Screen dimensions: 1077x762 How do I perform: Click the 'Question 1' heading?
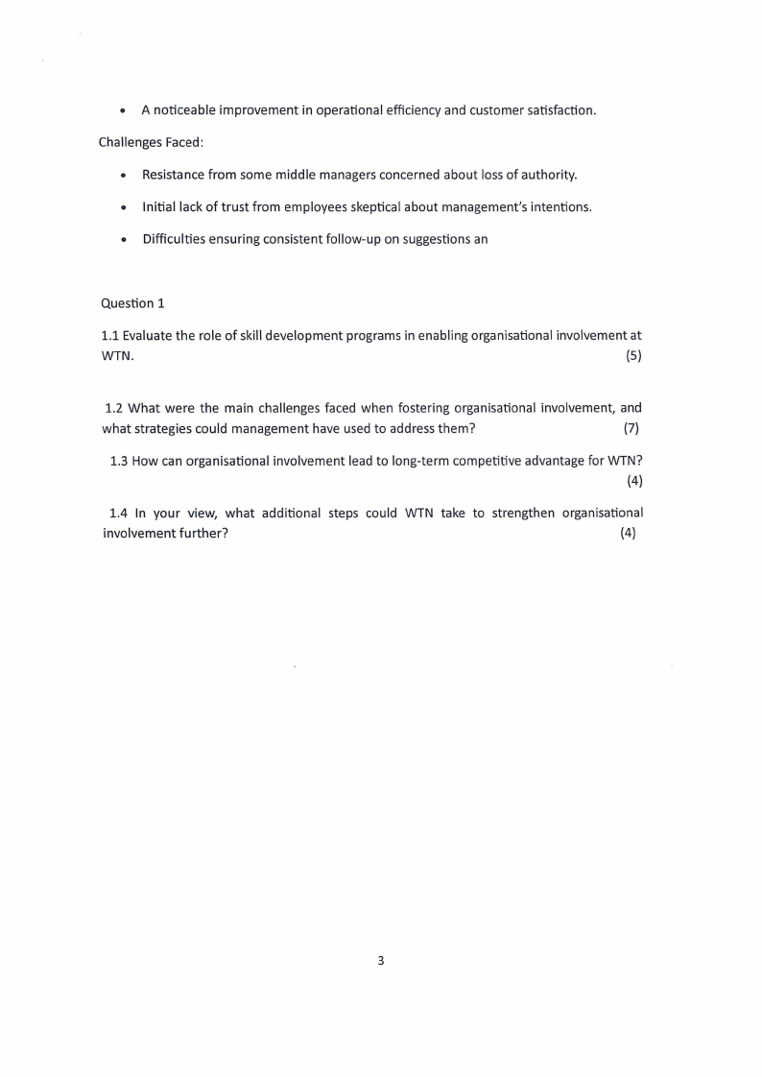[x=132, y=303]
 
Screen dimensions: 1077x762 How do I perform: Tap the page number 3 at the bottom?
[x=381, y=960]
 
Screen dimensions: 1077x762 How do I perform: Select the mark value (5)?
[x=633, y=357]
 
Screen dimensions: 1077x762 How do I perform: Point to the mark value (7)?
[x=631, y=427]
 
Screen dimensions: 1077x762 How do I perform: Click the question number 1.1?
[x=109, y=336]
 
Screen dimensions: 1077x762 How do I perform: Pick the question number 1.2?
[x=114, y=408]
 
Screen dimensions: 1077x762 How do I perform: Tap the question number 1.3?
[x=119, y=461]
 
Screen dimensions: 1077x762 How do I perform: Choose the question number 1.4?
[x=119, y=513]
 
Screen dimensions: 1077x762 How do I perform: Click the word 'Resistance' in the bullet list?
[x=174, y=175]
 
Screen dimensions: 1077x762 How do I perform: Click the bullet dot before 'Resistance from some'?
[x=124, y=176]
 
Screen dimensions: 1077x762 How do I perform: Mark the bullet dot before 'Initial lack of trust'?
[x=124, y=207]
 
